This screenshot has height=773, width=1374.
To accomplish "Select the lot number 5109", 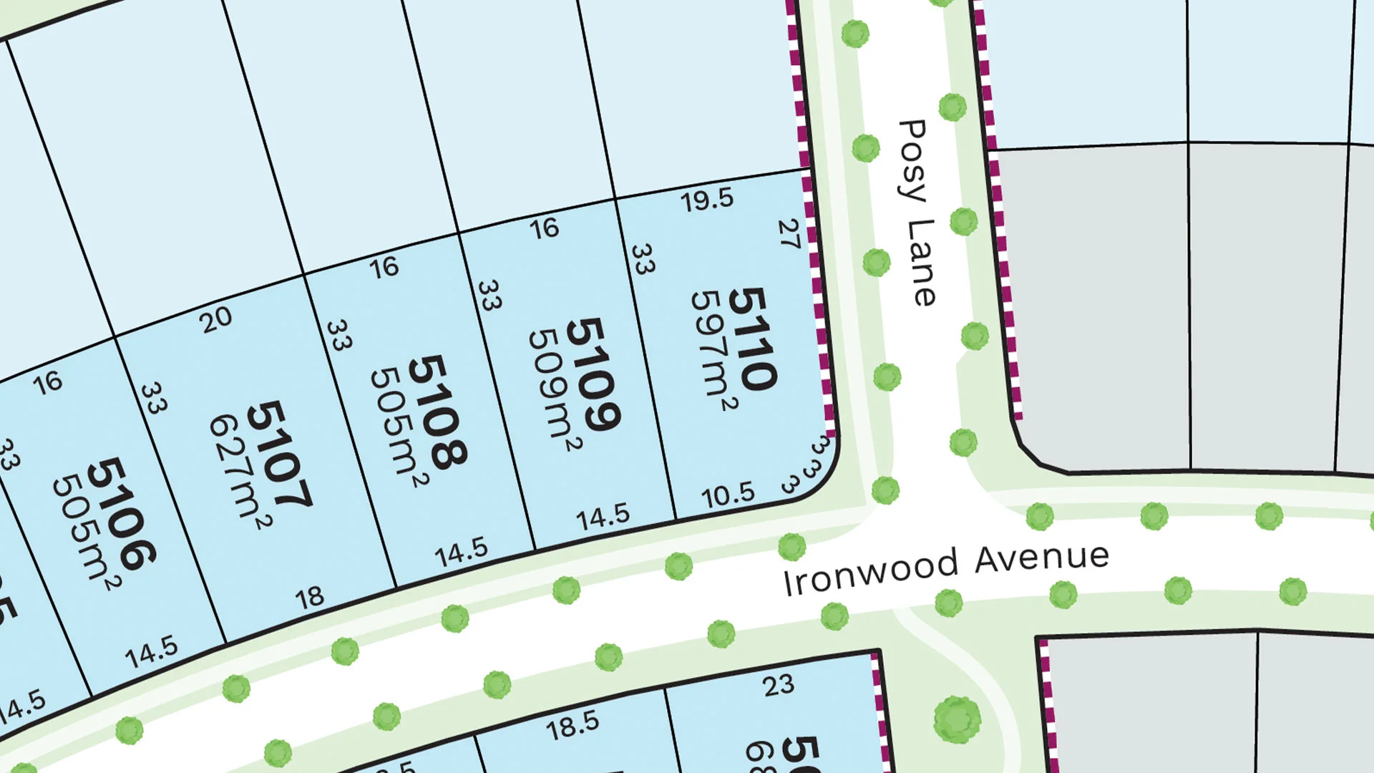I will tap(593, 374).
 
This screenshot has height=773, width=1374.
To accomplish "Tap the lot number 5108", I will tap(437, 412).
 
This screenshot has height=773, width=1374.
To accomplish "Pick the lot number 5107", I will tap(278, 455).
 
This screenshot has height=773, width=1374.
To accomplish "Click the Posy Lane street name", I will tap(916, 213).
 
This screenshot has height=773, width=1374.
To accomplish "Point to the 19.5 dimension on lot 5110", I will tap(707, 200).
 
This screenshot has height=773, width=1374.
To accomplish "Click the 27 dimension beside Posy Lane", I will tap(789, 234).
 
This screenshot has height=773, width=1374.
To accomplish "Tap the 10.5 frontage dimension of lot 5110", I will tap(728, 495).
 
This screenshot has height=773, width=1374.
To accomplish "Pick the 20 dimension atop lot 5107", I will tap(216, 320).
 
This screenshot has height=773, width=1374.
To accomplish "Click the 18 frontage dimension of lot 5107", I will tap(309, 598).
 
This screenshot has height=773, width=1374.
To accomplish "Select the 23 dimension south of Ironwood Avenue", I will tap(778, 686).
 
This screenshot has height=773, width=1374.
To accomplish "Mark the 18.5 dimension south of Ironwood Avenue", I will tap(572, 726).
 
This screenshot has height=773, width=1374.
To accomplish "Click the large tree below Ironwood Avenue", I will tap(957, 719).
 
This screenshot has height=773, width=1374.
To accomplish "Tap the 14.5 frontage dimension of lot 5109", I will tap(603, 517).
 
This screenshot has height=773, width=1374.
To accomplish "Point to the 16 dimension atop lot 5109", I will tap(544, 228).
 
